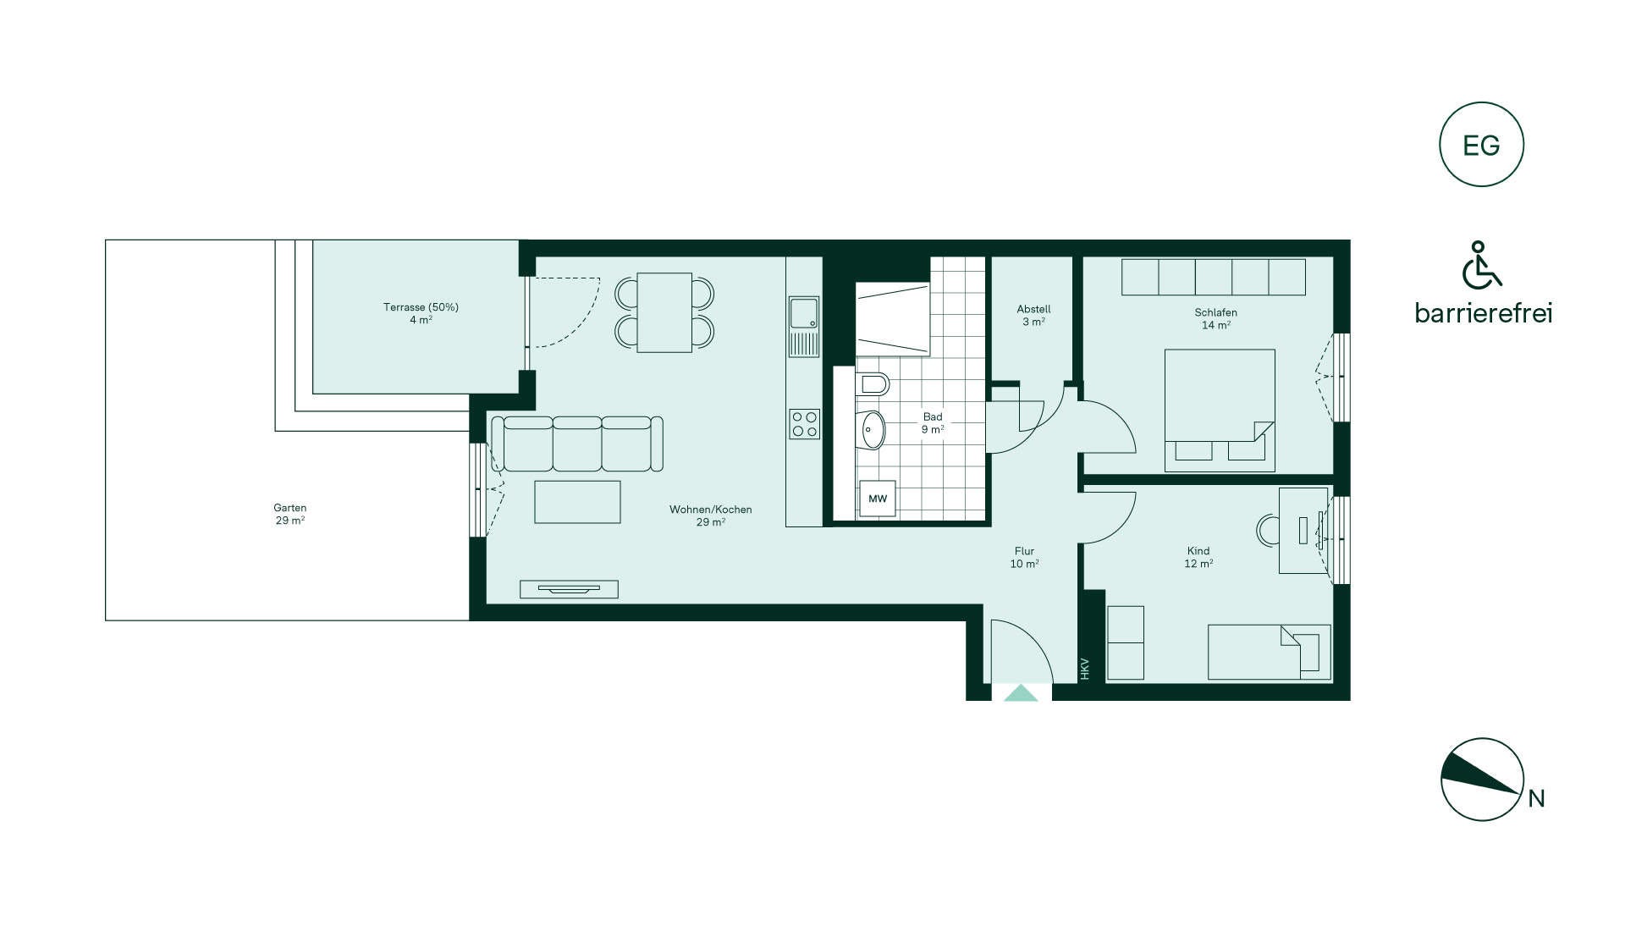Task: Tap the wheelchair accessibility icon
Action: (x=1482, y=265)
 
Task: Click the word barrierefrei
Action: (x=1484, y=312)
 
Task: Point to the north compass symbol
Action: (x=1482, y=779)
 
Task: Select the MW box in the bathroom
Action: (x=878, y=499)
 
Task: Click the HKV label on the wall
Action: (x=1084, y=669)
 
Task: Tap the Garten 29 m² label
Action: (x=289, y=514)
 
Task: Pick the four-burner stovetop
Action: (x=804, y=424)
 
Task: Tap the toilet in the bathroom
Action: (x=873, y=384)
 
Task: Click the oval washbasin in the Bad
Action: (x=872, y=430)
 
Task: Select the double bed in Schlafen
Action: (x=1220, y=411)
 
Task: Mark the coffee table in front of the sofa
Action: (x=577, y=502)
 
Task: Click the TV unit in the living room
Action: (x=569, y=589)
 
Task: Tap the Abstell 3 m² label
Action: (x=1033, y=315)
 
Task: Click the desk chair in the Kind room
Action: (x=1267, y=530)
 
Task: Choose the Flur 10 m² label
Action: (x=1024, y=557)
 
